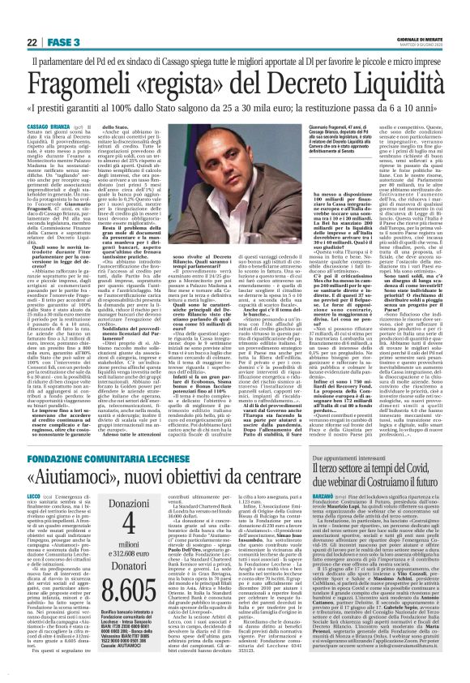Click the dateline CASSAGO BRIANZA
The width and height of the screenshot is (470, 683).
[x=46, y=127]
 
